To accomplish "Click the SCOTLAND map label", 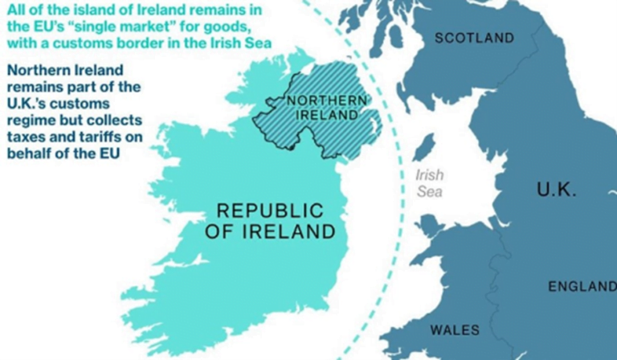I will [474, 38].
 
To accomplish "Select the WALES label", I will [455, 330].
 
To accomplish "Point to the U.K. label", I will [556, 190].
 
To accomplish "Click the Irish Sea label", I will [429, 182].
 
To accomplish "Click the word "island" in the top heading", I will [86, 10].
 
